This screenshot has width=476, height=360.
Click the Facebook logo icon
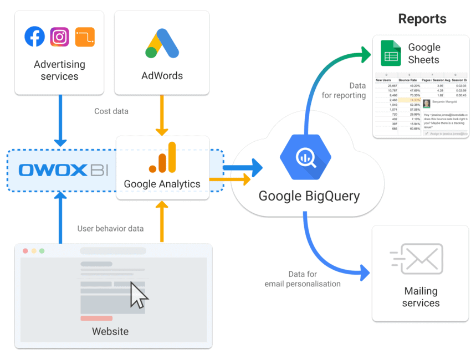click(35, 37)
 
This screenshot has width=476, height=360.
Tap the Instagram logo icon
click(60, 37)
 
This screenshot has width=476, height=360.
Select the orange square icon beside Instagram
click(85, 37)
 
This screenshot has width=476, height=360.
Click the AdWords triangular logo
click(162, 44)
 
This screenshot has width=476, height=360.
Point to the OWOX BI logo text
click(60, 170)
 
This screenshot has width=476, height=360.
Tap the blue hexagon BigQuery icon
click(304, 157)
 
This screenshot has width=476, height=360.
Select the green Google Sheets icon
click(391, 54)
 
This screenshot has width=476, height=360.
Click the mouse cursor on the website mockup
click(138, 295)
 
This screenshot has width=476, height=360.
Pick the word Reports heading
click(422, 19)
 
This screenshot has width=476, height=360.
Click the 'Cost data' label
click(111, 111)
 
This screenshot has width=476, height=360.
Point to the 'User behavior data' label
click(110, 229)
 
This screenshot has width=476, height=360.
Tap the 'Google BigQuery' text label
click(309, 196)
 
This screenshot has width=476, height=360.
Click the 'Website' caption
click(110, 332)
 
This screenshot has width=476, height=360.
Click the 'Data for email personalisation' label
click(303, 279)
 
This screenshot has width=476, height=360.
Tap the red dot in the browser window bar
click(25, 251)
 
